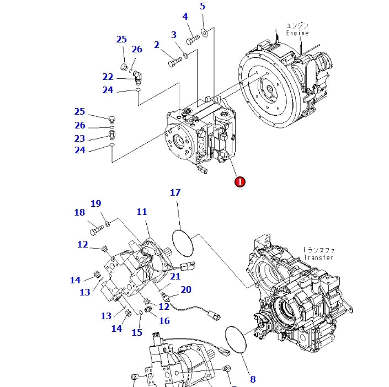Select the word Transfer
(x=318, y=257)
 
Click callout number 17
(x=175, y=192)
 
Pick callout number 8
(x=253, y=379)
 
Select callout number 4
(x=185, y=17)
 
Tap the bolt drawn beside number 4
(x=193, y=39)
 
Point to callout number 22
(x=108, y=77)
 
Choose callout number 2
(x=157, y=45)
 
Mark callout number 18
(x=79, y=212)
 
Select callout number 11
(x=142, y=212)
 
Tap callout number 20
(x=186, y=289)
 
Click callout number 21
(x=175, y=276)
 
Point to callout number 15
(x=137, y=332)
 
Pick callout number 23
(x=80, y=139)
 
